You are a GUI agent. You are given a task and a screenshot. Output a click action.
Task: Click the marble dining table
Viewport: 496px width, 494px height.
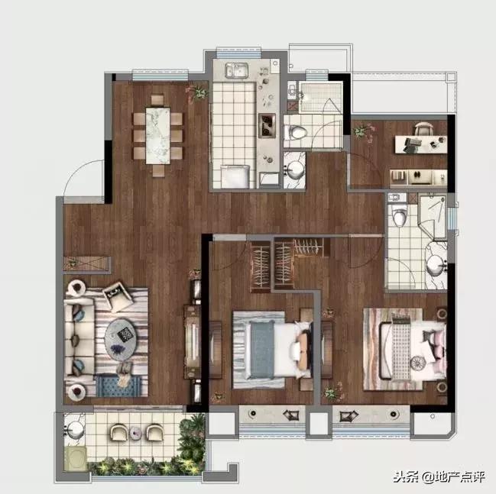tap(157, 136)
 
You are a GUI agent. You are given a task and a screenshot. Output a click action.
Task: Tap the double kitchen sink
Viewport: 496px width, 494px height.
tap(237, 69)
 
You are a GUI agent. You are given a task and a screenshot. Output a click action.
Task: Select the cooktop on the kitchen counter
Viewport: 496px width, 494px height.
tap(267, 125)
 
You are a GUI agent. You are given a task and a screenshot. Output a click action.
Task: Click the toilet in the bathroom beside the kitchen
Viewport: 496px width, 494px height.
tap(296, 132)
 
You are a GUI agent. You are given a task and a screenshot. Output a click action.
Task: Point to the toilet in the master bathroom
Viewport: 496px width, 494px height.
tap(399, 215)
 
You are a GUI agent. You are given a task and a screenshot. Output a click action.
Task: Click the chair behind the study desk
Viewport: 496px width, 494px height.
tap(423, 129)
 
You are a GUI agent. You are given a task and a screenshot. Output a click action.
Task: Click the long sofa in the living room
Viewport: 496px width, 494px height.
tap(79, 337)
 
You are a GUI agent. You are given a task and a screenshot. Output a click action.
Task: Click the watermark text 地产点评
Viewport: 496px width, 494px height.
tap(460, 477)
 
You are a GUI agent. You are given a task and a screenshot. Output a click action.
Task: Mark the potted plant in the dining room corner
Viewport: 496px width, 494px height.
tap(199, 92)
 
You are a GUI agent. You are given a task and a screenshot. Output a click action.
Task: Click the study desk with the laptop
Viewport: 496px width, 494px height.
tap(420, 144)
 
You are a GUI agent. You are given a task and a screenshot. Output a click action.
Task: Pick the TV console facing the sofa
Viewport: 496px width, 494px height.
tap(193, 341)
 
